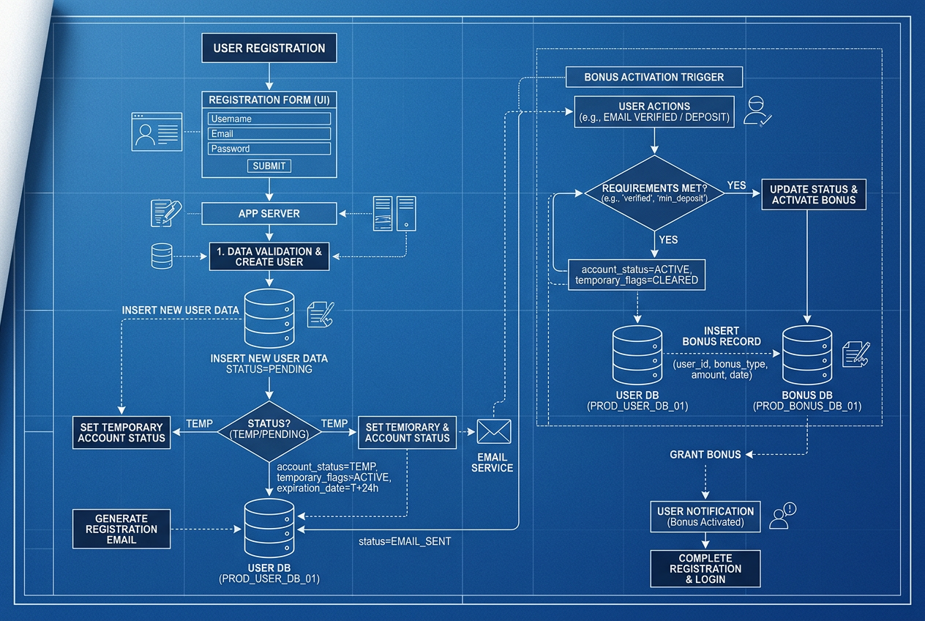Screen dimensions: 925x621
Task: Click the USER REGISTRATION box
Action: (269, 48)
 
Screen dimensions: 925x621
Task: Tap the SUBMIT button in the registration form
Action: (269, 166)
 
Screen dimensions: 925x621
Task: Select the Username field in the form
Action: (269, 119)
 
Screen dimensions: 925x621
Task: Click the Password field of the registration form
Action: (269, 149)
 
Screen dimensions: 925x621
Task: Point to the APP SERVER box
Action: (269, 214)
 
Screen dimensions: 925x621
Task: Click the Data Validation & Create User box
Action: (269, 256)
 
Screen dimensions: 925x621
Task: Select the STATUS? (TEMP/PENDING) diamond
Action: (269, 431)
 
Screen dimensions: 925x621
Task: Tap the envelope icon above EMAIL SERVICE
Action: (494, 431)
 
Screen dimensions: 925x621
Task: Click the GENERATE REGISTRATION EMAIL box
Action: (121, 529)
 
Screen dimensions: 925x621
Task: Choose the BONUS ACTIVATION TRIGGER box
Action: (654, 77)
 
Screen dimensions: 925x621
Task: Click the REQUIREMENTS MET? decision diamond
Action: (654, 193)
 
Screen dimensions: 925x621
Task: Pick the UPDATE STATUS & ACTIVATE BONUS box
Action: (814, 194)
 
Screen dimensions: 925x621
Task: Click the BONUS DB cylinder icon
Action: (807, 355)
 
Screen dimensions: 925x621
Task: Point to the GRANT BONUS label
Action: (705, 455)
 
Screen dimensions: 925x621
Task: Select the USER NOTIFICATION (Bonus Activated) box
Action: (705, 516)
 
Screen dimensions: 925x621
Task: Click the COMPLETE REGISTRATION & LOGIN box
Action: (705, 568)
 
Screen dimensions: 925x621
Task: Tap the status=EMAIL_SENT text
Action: (405, 541)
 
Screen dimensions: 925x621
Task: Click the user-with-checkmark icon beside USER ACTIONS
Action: (757, 111)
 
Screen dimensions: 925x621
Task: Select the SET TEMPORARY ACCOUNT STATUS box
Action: (121, 433)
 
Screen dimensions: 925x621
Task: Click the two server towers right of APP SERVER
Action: (394, 214)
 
